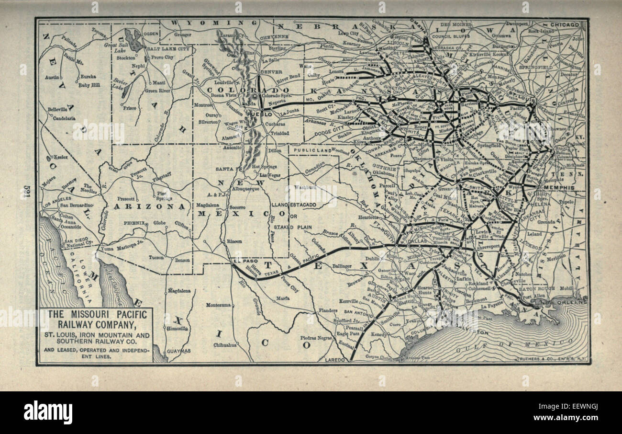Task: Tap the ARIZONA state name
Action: pos(149,206)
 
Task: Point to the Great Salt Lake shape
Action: pos(133,40)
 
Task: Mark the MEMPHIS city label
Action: pos(559,188)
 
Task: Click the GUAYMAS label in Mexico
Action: pos(178,351)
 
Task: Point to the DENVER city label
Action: pos(270,72)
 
